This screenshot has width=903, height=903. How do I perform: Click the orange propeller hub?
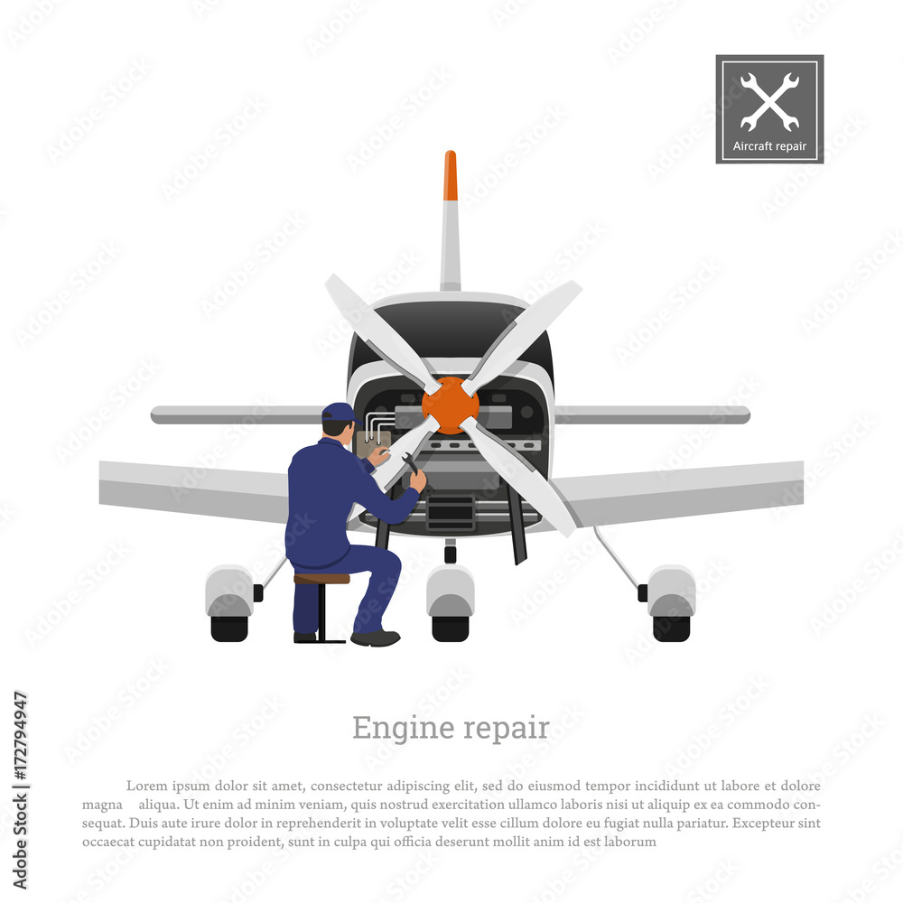click(x=450, y=405)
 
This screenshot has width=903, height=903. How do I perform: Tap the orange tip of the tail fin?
click(x=451, y=176)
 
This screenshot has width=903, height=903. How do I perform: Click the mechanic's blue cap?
click(x=340, y=413)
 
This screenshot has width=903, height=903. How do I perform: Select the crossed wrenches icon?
click(x=769, y=101)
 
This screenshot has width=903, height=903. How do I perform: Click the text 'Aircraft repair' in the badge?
click(x=769, y=146)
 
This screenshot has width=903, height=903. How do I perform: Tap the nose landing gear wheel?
click(x=451, y=628)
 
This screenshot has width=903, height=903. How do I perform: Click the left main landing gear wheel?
click(x=229, y=628)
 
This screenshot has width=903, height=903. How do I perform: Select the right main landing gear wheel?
click(x=671, y=628)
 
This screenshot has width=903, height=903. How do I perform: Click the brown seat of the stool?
click(x=321, y=579)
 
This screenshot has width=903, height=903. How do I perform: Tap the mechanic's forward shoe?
click(x=376, y=638)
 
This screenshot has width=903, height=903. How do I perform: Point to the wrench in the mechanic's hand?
click(x=411, y=464)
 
